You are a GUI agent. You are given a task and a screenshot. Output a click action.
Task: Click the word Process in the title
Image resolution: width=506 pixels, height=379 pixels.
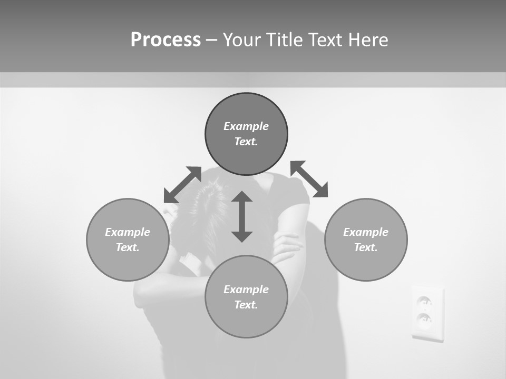click(x=166, y=39)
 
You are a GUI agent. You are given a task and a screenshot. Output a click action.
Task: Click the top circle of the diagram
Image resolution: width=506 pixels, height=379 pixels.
click(x=246, y=134)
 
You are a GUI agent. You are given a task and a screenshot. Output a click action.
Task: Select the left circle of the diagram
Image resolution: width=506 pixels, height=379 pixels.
click(x=128, y=240)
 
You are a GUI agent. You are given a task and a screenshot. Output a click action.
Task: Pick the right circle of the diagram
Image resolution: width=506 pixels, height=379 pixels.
click(x=366, y=240)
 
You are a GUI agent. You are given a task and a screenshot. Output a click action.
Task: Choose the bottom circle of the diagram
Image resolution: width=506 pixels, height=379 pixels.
click(x=246, y=297)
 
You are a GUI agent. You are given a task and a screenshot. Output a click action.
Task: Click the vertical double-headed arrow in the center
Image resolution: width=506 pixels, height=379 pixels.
click(x=242, y=216)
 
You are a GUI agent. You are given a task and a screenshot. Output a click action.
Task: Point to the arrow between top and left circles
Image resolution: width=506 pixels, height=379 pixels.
click(x=182, y=185)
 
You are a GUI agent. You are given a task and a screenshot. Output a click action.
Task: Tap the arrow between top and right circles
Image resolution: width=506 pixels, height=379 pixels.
click(x=309, y=179)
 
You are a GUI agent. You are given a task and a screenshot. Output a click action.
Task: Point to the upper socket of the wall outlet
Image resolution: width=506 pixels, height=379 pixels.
click(x=424, y=302)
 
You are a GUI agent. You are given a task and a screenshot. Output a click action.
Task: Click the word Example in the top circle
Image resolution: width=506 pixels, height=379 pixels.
click(x=246, y=126)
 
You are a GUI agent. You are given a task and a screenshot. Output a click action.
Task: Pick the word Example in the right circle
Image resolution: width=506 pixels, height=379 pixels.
click(x=366, y=232)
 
